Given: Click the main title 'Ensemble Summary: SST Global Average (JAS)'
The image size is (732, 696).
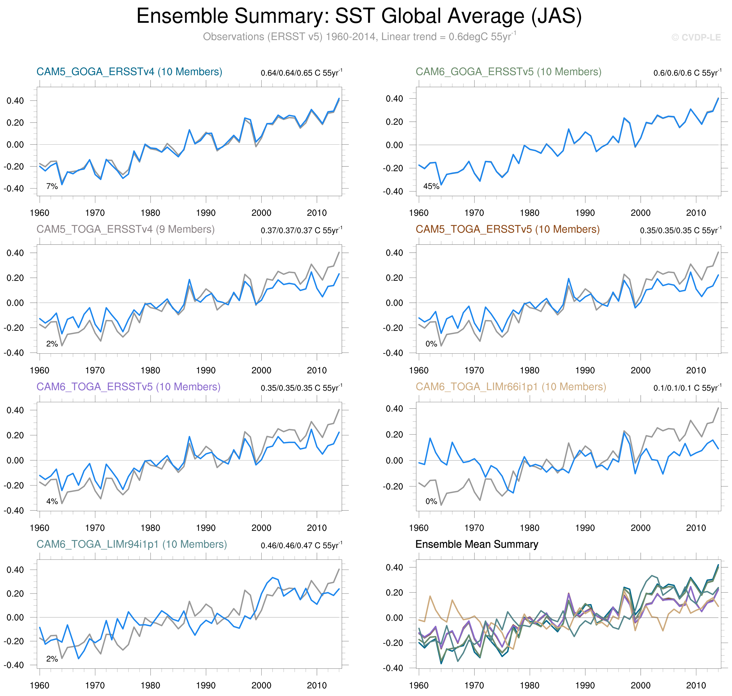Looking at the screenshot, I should pos(359,16).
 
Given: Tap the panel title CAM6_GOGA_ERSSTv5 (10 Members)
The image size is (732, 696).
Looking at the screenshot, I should pos(508,72).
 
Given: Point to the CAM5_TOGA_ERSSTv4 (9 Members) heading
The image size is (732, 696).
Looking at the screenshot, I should pos(125,229).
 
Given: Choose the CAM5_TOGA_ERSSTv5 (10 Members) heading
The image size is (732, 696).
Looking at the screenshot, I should pos(507,229).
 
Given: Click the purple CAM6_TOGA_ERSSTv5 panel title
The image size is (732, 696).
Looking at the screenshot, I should pos(128,387).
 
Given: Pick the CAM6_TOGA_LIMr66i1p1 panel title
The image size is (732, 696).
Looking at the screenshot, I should pos(511,387).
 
